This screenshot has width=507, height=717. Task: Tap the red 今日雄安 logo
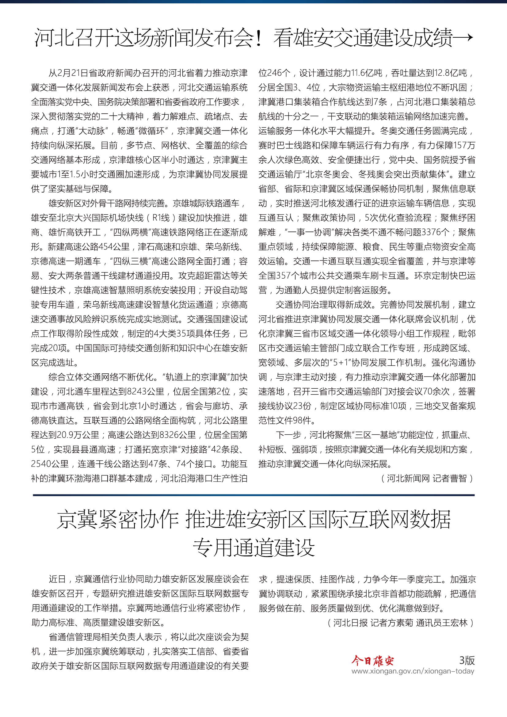(x=373, y=661)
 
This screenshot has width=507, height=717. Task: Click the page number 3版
(x=467, y=660)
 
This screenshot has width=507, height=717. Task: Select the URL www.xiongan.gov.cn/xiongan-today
(x=413, y=671)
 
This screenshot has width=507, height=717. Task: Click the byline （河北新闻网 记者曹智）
(x=427, y=479)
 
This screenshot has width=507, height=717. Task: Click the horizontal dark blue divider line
(x=253, y=495)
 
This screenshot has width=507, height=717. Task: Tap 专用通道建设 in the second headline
(x=253, y=548)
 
